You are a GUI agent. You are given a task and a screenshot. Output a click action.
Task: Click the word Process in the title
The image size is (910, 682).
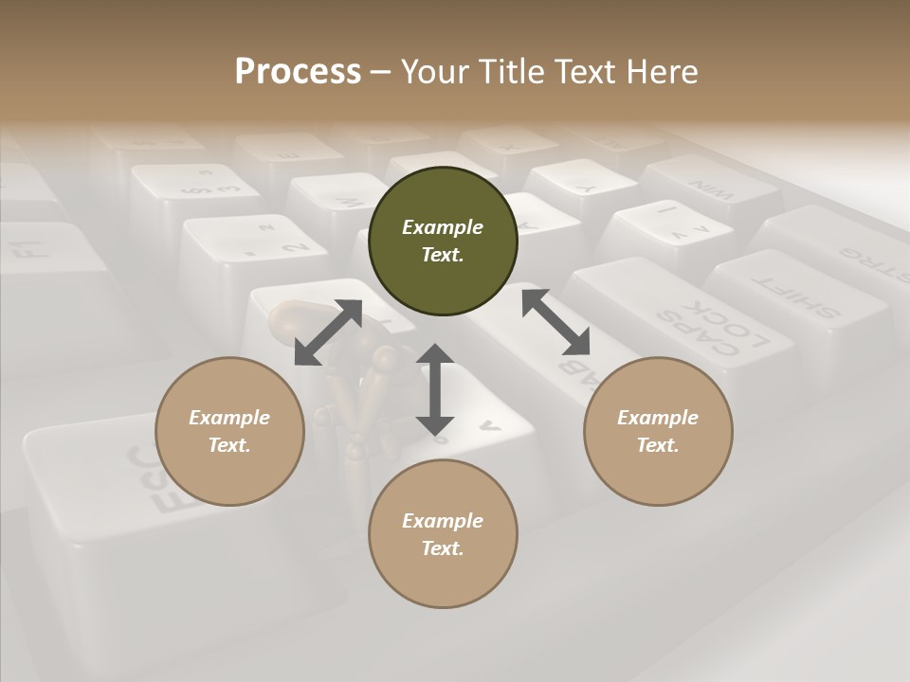[298, 72]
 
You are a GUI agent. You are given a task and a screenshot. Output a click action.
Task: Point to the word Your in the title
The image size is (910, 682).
[431, 72]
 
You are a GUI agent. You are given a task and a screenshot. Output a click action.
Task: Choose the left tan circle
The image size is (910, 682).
[229, 431]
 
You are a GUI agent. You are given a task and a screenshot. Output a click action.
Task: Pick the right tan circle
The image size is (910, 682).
[658, 431]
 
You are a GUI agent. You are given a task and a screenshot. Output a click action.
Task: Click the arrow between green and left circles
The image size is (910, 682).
[328, 332]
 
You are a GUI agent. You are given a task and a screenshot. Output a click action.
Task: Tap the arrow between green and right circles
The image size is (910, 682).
[555, 322]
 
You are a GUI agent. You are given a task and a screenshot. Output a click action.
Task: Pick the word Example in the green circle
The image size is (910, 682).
[443, 227]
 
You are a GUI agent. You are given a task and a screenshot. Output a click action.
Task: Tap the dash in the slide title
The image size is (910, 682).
[380, 72]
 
